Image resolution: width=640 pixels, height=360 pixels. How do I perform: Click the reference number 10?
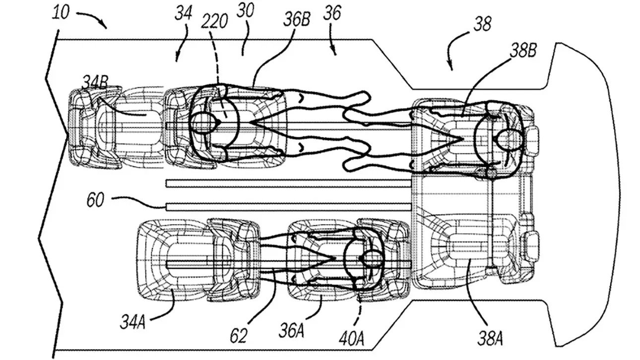click(x=61, y=13)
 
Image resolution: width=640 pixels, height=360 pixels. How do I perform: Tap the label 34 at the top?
click(x=184, y=13)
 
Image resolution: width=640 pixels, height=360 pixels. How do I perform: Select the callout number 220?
click(x=214, y=21)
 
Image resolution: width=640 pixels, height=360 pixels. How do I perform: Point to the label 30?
click(x=245, y=11)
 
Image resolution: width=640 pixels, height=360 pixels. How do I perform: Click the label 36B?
click(x=297, y=19)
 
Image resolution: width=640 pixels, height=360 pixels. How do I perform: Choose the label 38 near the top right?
click(x=483, y=24)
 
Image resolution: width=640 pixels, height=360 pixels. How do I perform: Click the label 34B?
click(x=95, y=82)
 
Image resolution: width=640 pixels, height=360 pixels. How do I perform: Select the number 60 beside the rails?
click(x=95, y=200)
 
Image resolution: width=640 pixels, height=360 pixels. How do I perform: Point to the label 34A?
click(x=132, y=322)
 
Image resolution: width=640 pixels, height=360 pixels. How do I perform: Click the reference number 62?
click(x=239, y=336)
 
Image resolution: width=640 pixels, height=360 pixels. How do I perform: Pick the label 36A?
click(x=292, y=330)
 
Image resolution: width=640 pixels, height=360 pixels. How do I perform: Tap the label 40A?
click(x=351, y=339)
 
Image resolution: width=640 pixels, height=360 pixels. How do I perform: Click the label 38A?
click(x=490, y=339)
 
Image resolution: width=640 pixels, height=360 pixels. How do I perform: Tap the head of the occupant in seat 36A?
click(x=372, y=258)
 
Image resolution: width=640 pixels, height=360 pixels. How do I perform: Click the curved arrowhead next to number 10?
click(x=104, y=25)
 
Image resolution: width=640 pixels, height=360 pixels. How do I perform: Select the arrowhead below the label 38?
click(x=451, y=67)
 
